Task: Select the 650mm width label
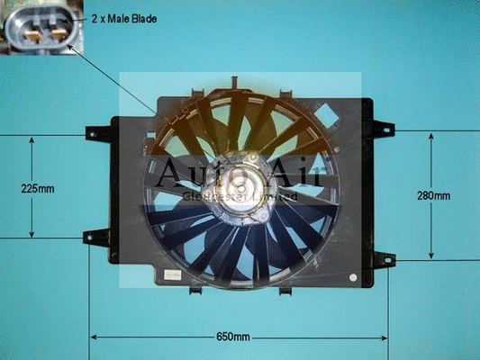(233, 337)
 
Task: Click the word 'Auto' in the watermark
(185, 172)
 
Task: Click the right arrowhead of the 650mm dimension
(385, 337)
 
